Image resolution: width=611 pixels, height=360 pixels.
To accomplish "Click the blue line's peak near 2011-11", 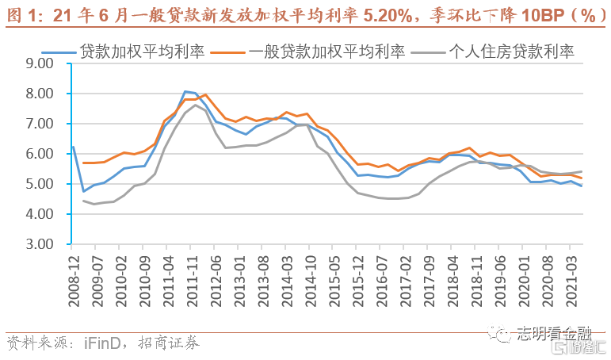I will coord(185,92).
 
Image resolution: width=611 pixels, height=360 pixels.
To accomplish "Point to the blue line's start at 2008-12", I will coord(73,146).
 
